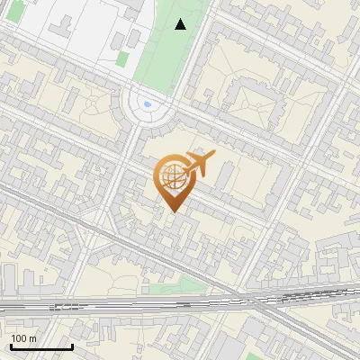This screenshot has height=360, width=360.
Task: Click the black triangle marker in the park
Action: coord(180,24)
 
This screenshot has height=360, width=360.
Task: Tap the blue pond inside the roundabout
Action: coord(148,104)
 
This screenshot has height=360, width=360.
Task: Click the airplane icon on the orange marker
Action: coord(199,163)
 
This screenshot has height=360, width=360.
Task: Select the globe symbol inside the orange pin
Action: coord(171,177)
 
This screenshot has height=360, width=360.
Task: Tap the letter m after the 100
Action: coord(33,338)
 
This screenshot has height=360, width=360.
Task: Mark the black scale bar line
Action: coord(41,346)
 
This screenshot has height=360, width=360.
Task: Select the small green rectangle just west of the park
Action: coord(122,58)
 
